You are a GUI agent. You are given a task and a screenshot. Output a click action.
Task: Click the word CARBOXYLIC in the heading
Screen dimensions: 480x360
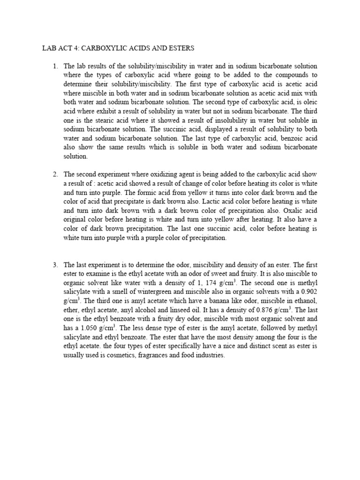point(102,48)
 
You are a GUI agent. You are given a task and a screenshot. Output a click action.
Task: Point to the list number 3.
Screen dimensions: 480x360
point(55,265)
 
